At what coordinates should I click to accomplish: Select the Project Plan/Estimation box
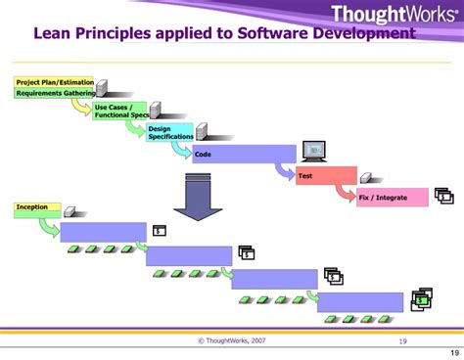tap(54, 82)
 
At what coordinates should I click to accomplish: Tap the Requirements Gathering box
tap(54, 93)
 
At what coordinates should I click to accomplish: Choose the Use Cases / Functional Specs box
tap(119, 112)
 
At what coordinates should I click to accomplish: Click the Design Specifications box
tap(170, 132)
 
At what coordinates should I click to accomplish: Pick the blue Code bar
tap(244, 154)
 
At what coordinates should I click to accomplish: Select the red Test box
tap(326, 175)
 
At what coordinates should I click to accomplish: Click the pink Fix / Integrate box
tap(392, 197)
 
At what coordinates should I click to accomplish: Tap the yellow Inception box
tap(37, 208)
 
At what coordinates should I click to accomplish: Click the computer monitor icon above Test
tap(313, 150)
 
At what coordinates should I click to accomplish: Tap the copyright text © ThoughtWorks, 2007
tap(231, 340)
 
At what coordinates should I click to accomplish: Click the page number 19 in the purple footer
tap(402, 340)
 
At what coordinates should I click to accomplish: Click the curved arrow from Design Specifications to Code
tap(181, 150)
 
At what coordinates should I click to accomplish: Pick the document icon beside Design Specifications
tap(202, 131)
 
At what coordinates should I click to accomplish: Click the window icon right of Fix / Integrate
tap(443, 196)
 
